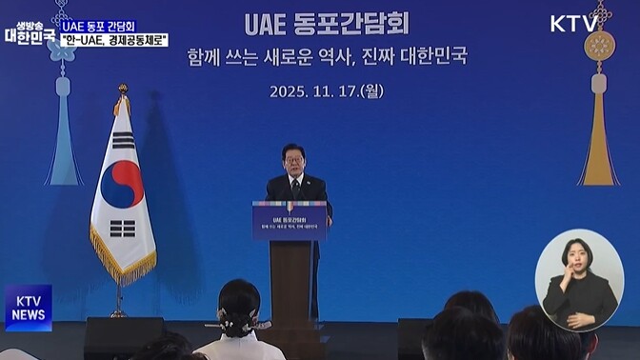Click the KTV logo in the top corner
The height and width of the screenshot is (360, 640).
(574, 24)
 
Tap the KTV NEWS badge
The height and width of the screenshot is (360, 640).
(28, 307)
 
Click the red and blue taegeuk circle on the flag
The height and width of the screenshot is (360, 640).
(122, 183)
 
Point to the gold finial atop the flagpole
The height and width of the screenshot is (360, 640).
(122, 90)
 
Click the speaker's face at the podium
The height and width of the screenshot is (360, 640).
(294, 160)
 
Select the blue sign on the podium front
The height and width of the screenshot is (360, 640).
(289, 220)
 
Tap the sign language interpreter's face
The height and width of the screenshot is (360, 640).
(577, 254)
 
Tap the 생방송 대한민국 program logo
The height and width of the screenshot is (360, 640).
(29, 29)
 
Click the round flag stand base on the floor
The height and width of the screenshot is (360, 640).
(118, 314)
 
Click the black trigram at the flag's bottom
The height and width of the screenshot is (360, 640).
(124, 230)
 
